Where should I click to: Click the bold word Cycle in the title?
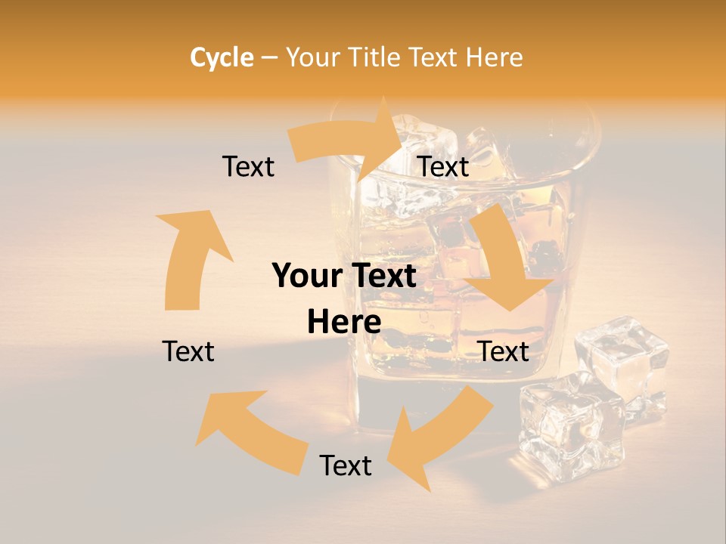222,57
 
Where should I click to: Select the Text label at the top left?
248,166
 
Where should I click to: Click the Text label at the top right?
443,166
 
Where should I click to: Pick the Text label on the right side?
503,351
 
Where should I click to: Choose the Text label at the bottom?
346,465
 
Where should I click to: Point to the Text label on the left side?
188,351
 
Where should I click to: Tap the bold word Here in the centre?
344,322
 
